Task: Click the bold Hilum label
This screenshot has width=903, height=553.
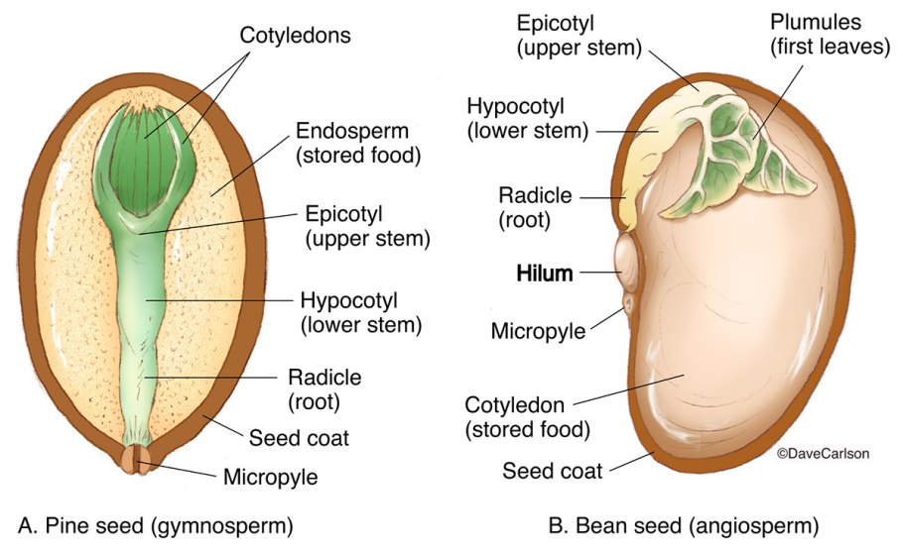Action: pos(545,274)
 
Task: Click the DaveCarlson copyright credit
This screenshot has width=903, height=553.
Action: pos(823,453)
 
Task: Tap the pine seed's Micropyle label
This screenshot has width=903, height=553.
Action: pos(270,477)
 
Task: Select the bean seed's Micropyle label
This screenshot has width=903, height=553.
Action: pos(539,329)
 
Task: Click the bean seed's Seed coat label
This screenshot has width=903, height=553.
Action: pos(553,471)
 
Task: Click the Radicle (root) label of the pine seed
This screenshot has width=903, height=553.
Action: pos(323,388)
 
